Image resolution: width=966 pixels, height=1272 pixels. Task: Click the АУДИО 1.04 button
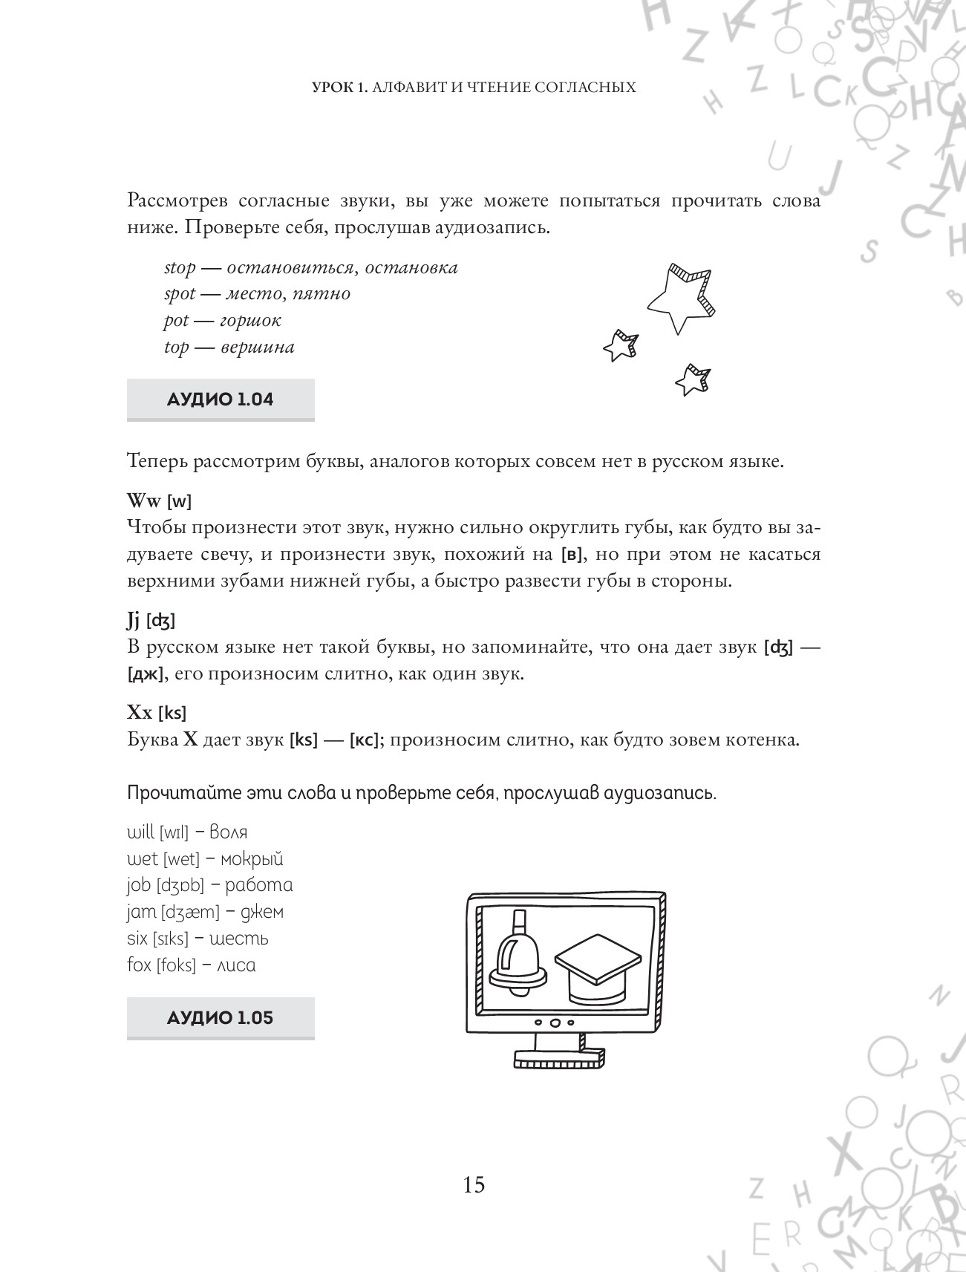tap(221, 399)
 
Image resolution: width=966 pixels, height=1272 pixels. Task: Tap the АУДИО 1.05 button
tap(221, 1017)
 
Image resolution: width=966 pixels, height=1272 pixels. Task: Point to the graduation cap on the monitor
tap(598, 968)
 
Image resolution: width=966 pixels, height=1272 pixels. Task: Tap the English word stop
tap(180, 267)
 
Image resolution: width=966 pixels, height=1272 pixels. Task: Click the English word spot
tap(180, 294)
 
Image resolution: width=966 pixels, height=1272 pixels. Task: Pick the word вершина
tap(258, 348)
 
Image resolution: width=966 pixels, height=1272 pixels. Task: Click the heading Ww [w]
tap(159, 501)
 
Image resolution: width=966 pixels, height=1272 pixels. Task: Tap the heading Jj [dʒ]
tap(151, 619)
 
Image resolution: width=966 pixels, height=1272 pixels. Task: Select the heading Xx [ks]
tap(157, 713)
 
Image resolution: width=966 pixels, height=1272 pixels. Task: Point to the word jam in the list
tap(142, 912)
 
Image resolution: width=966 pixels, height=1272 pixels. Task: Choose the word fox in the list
tap(139, 965)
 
